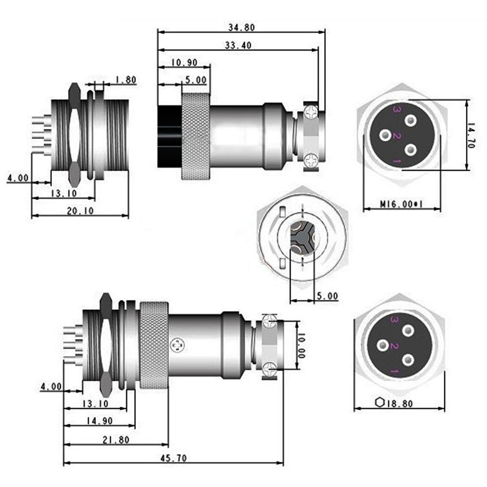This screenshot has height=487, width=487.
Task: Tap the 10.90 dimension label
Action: [184, 62]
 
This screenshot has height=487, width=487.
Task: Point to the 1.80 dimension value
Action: [126, 80]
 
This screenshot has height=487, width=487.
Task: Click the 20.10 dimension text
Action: [80, 211]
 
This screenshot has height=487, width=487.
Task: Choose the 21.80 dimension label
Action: [116, 439]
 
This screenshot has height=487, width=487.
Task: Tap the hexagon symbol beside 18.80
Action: [380, 402]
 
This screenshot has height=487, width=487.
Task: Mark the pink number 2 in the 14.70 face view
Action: [397, 136]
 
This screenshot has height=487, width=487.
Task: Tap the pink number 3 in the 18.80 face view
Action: [395, 320]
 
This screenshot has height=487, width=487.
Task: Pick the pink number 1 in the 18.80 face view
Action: [395, 373]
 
